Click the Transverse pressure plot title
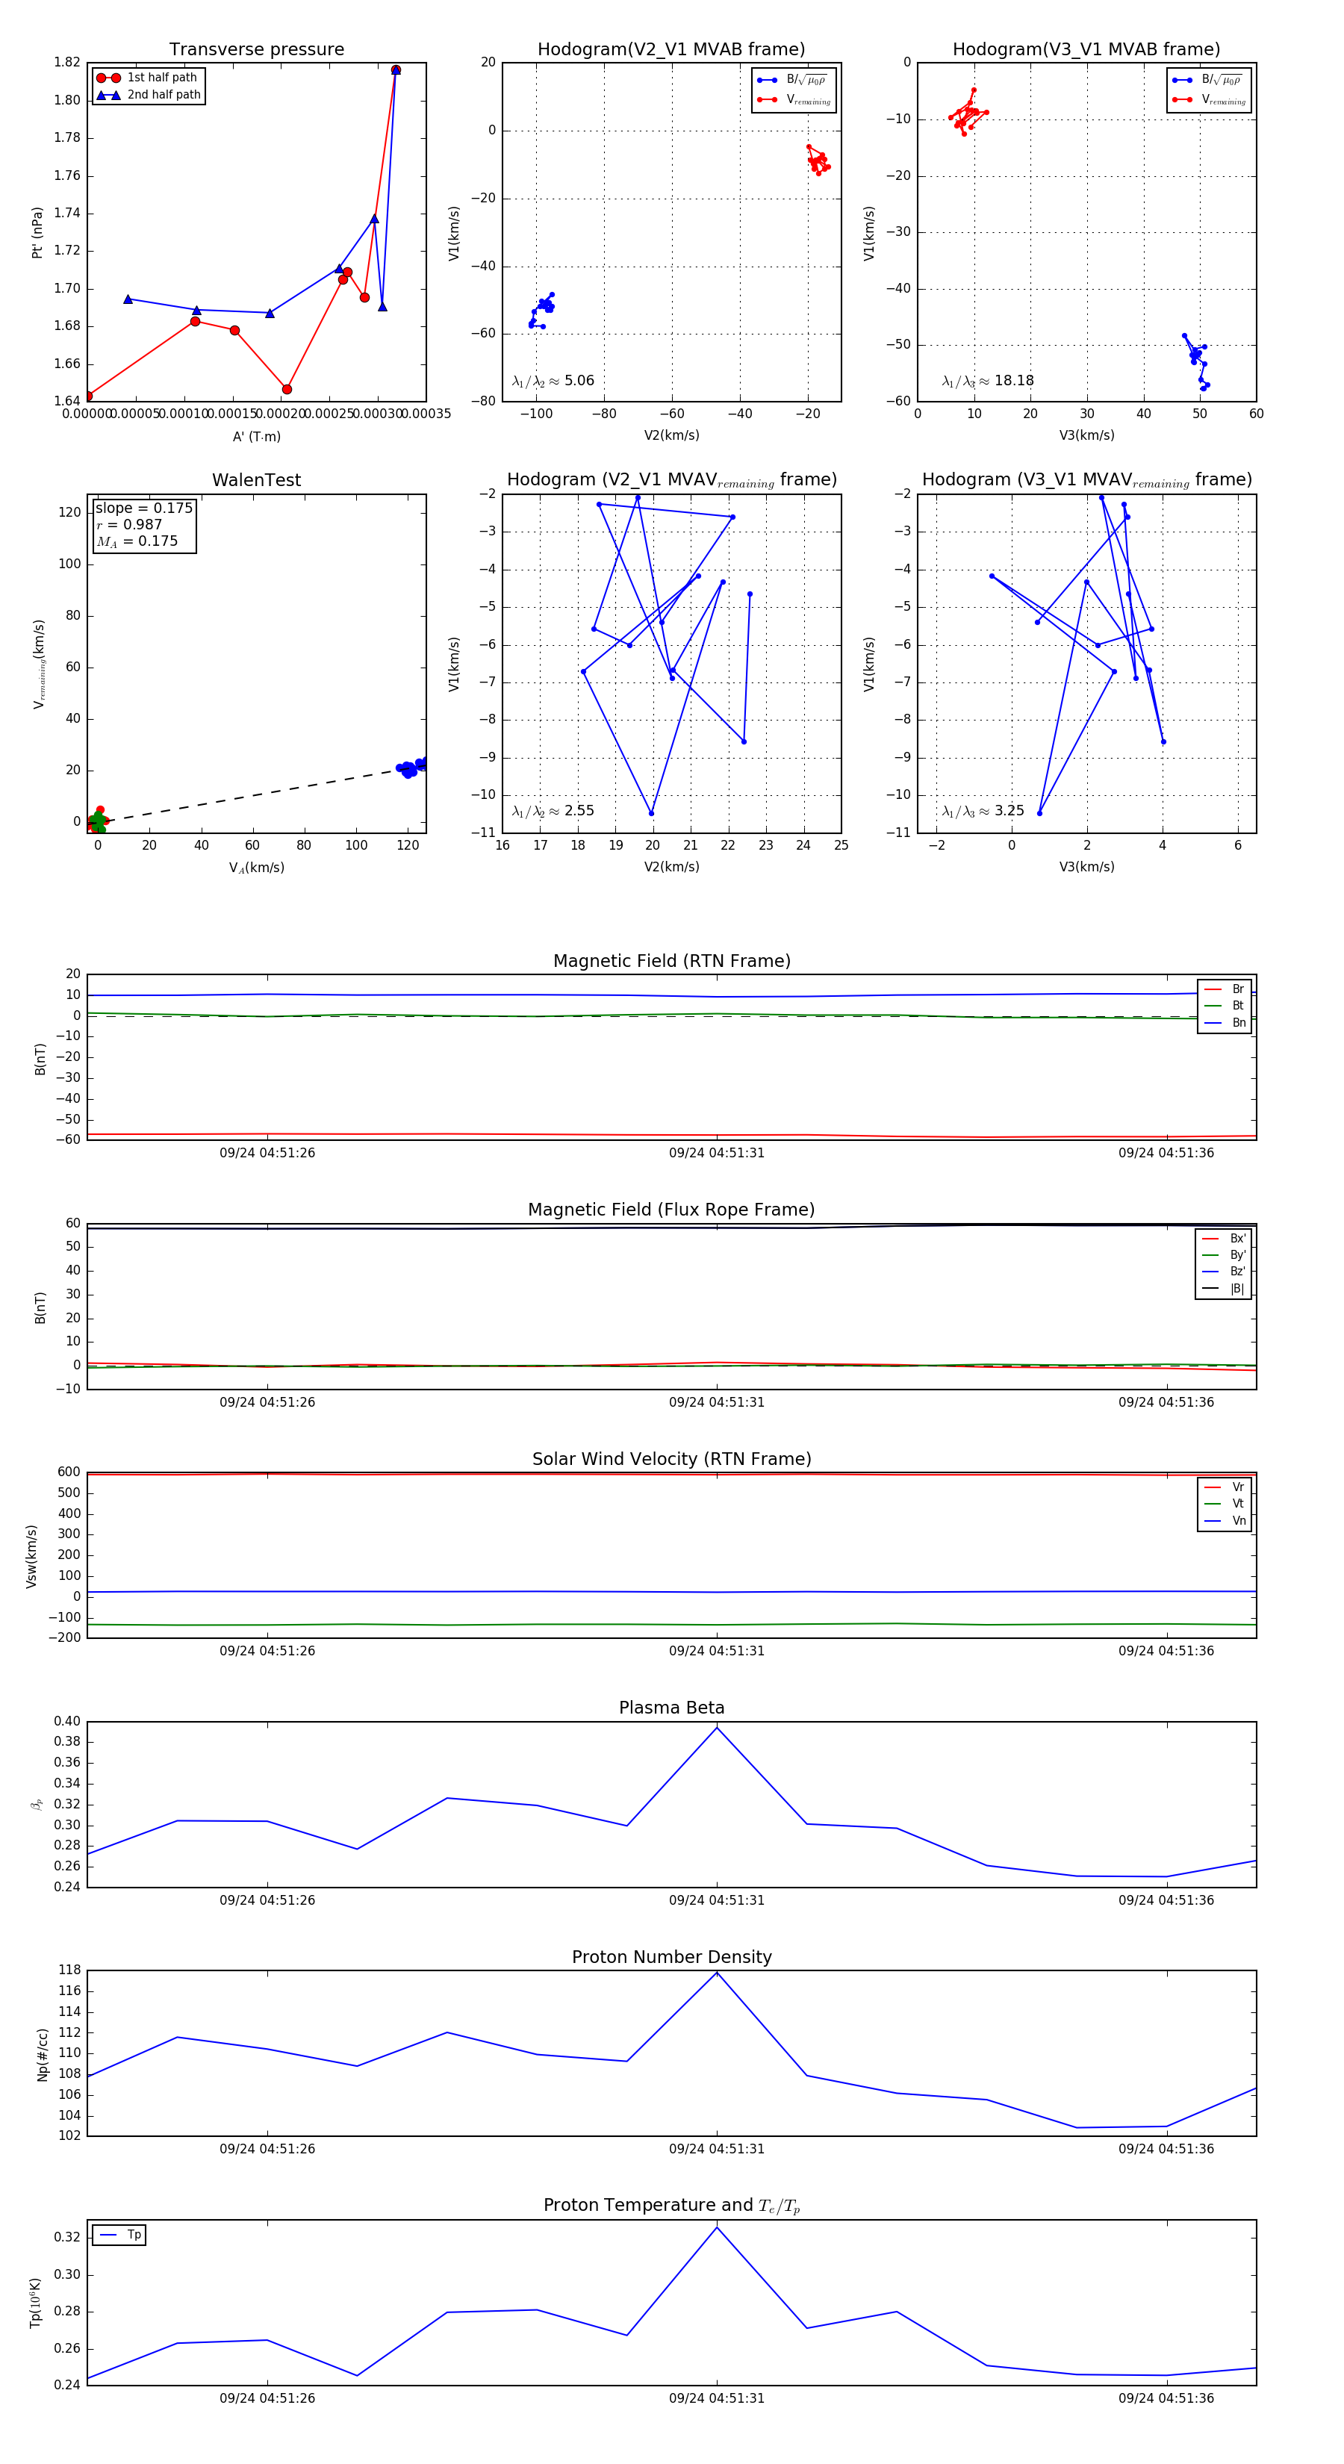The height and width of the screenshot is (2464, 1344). point(256,50)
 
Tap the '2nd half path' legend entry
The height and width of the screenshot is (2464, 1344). point(164,95)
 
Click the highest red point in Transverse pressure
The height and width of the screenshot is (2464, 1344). point(395,70)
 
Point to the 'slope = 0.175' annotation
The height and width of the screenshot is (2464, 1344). point(143,508)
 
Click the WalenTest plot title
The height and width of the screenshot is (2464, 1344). point(256,480)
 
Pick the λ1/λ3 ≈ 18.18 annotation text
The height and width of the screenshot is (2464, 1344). point(987,381)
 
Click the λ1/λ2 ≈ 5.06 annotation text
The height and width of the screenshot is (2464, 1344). point(553,381)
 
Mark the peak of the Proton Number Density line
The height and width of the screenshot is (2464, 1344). point(717,1973)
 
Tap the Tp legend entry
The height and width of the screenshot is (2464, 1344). point(133,2235)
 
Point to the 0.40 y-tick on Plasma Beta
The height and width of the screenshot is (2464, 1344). point(67,1722)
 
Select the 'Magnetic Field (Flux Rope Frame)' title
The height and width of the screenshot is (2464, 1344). point(671,1210)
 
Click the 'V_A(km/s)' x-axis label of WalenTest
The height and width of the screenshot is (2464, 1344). point(256,868)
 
